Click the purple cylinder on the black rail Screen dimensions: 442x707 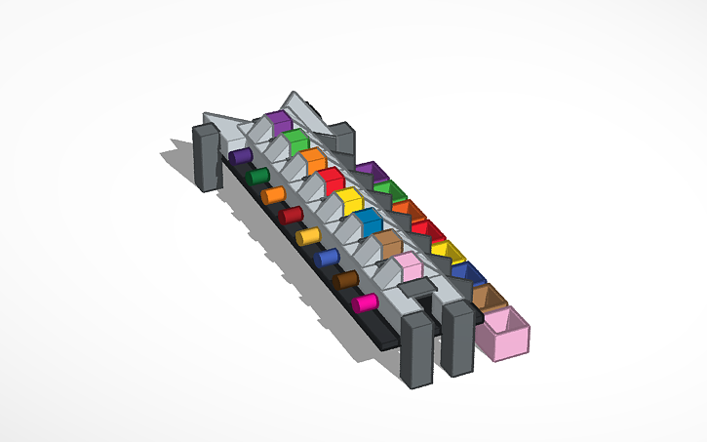240,156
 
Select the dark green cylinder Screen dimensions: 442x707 257,176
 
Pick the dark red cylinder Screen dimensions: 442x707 291,215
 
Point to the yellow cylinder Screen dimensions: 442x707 308,235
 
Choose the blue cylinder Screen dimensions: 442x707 327,258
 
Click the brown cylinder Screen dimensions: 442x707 346,280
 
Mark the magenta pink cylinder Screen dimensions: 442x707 365,302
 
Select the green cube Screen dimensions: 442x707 295,141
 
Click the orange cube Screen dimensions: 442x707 312,160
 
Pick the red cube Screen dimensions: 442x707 330,180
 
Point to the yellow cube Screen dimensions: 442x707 348,201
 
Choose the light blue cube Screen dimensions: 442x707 368,221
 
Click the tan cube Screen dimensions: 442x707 387,244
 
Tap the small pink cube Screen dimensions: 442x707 408,267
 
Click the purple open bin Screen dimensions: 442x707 369,172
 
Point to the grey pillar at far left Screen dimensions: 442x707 207,156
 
